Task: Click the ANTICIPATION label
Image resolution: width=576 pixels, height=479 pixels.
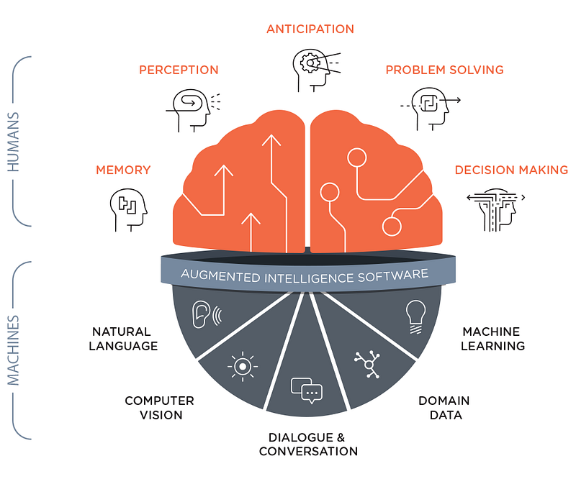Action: pyautogui.click(x=310, y=29)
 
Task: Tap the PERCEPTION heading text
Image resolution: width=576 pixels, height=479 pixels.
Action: pyautogui.click(x=179, y=70)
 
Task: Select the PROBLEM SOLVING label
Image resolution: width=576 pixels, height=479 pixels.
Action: pyautogui.click(x=444, y=70)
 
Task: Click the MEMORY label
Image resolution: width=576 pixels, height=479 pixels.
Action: pyautogui.click(x=123, y=170)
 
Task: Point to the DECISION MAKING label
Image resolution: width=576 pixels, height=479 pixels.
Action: pyautogui.click(x=511, y=170)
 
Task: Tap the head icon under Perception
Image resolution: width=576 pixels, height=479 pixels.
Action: pyautogui.click(x=193, y=110)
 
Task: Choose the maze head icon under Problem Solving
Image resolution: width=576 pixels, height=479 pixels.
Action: pyautogui.click(x=431, y=109)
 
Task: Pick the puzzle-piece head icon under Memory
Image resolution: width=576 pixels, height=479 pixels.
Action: pyautogui.click(x=128, y=210)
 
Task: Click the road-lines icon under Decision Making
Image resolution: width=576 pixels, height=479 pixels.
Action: pyautogui.click(x=495, y=210)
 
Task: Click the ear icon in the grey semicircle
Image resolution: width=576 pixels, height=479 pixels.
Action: pyautogui.click(x=207, y=314)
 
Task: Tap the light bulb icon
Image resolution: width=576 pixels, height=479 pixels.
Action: pyautogui.click(x=415, y=316)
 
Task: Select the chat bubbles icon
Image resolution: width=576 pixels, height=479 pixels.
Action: pyautogui.click(x=307, y=391)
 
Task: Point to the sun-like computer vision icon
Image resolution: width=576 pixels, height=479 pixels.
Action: pyautogui.click(x=243, y=366)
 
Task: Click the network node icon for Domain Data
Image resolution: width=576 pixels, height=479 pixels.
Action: pyautogui.click(x=368, y=364)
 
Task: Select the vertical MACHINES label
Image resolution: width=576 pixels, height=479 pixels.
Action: pyautogui.click(x=13, y=350)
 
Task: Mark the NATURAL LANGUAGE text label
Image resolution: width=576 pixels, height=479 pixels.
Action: pyautogui.click(x=123, y=339)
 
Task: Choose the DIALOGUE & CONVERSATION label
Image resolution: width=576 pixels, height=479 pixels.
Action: pyautogui.click(x=308, y=444)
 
